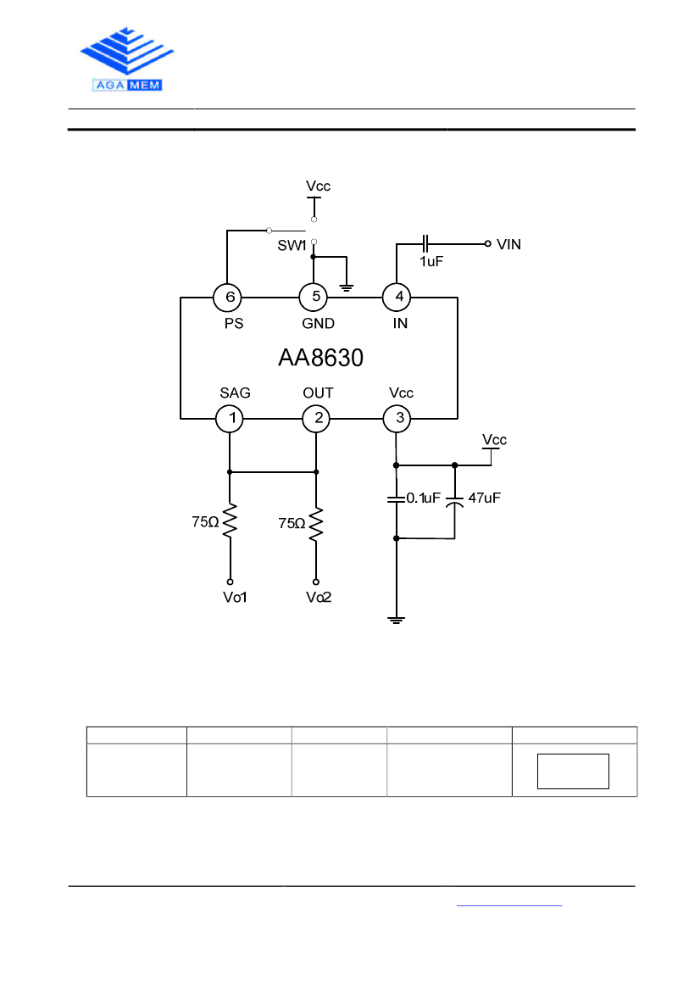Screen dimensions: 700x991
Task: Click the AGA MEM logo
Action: click(x=127, y=59)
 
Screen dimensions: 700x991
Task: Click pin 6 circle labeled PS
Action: click(x=227, y=297)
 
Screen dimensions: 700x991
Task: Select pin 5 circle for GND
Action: click(x=314, y=297)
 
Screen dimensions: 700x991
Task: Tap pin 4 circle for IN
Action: click(x=397, y=297)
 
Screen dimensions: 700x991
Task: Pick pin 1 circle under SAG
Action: click(x=230, y=419)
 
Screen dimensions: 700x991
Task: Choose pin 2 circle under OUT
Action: click(x=316, y=419)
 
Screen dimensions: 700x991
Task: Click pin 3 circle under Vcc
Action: click(x=397, y=419)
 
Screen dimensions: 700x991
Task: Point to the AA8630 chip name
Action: click(x=321, y=358)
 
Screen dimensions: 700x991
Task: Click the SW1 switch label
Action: click(x=292, y=245)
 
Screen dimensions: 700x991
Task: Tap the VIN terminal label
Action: click(x=508, y=244)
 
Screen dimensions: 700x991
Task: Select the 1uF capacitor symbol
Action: click(x=425, y=242)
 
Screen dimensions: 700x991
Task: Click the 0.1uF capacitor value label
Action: click(x=423, y=498)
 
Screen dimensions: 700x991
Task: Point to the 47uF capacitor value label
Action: click(x=485, y=498)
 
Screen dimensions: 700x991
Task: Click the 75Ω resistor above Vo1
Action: click(x=230, y=521)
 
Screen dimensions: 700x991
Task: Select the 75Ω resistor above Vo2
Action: click(x=316, y=524)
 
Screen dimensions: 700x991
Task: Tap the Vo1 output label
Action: click(x=235, y=598)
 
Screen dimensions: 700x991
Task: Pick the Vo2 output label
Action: click(x=319, y=598)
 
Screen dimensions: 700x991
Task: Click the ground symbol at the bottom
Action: click(x=396, y=620)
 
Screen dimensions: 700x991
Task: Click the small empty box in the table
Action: click(x=573, y=771)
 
